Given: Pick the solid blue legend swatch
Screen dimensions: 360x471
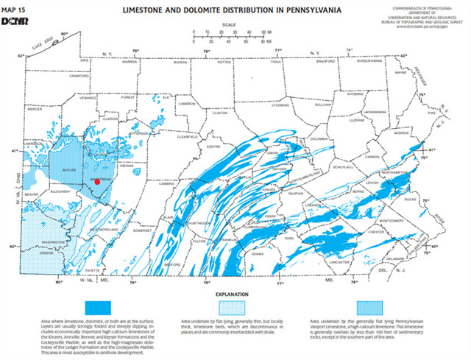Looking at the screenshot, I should [97, 306].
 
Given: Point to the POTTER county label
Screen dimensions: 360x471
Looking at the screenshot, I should [224, 63].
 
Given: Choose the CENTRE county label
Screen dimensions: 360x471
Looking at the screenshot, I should [214, 147].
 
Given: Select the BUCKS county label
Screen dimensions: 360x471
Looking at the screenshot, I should [410, 199].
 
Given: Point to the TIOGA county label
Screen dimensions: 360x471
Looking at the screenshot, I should [276, 62].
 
